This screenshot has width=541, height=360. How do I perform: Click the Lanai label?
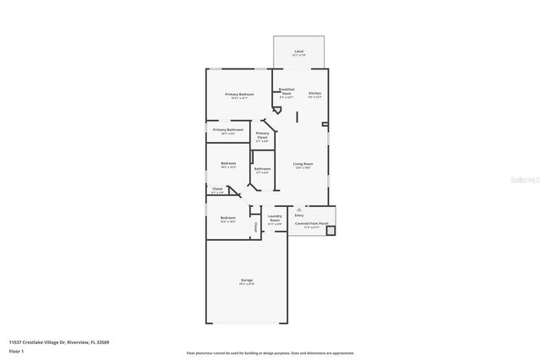click(298, 52)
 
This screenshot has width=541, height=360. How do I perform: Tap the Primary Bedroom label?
click(239, 94)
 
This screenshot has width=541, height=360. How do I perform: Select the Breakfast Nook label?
click(286, 91)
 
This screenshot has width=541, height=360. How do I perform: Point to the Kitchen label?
click(314, 94)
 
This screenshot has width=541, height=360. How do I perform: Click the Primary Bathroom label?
click(228, 130)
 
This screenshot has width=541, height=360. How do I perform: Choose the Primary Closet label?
click(263, 134)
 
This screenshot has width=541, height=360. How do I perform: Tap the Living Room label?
click(303, 164)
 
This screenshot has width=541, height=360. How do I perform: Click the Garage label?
click(247, 280)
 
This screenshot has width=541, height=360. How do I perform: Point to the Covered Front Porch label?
click(311, 224)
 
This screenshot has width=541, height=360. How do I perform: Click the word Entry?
click(298, 215)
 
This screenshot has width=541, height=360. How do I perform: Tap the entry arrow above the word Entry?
click(298, 209)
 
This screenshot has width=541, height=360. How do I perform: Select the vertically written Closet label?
click(255, 226)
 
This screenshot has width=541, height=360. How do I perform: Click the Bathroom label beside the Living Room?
click(263, 168)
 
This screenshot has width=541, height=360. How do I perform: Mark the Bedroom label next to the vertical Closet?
click(227, 219)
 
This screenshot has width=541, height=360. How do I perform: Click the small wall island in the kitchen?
click(296, 115)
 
